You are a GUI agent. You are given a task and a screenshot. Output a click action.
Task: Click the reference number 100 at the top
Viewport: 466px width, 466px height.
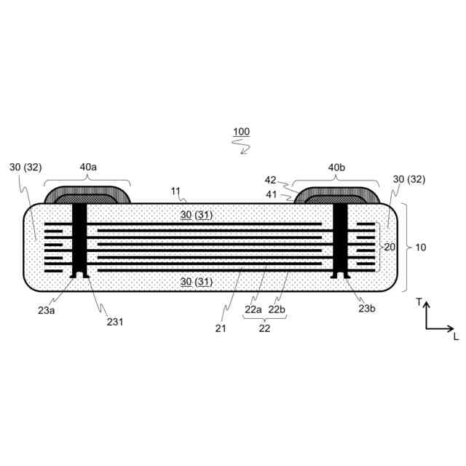241,132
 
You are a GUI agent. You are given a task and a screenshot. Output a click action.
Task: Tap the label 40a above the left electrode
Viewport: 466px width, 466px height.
88,167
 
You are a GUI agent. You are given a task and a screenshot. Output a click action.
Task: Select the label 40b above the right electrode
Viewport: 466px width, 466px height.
336,167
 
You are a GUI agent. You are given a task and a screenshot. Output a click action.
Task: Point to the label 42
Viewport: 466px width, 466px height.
270,180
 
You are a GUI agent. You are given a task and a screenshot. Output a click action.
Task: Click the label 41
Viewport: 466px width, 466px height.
271,194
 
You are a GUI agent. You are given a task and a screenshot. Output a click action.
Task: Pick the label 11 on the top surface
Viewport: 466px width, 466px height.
175,191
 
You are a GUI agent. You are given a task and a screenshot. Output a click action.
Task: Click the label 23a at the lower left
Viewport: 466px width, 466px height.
47,311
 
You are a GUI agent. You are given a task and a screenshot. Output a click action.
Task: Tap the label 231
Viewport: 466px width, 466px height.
115,322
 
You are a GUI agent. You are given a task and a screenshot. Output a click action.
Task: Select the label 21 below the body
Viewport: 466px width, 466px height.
221,328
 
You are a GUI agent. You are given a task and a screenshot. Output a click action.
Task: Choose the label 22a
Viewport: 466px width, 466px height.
253,309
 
